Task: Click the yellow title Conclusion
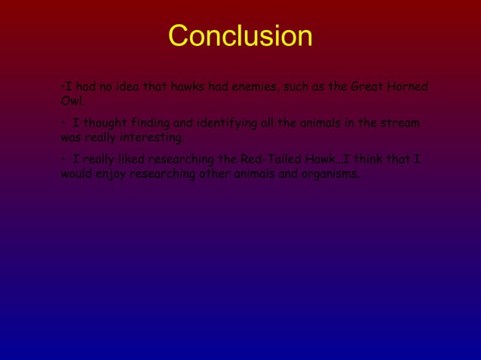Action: coord(240,36)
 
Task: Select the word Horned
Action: coord(408,87)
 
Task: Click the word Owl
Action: coord(72,101)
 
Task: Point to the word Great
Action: coord(367,87)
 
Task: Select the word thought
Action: coord(106,123)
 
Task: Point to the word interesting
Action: coord(151,138)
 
